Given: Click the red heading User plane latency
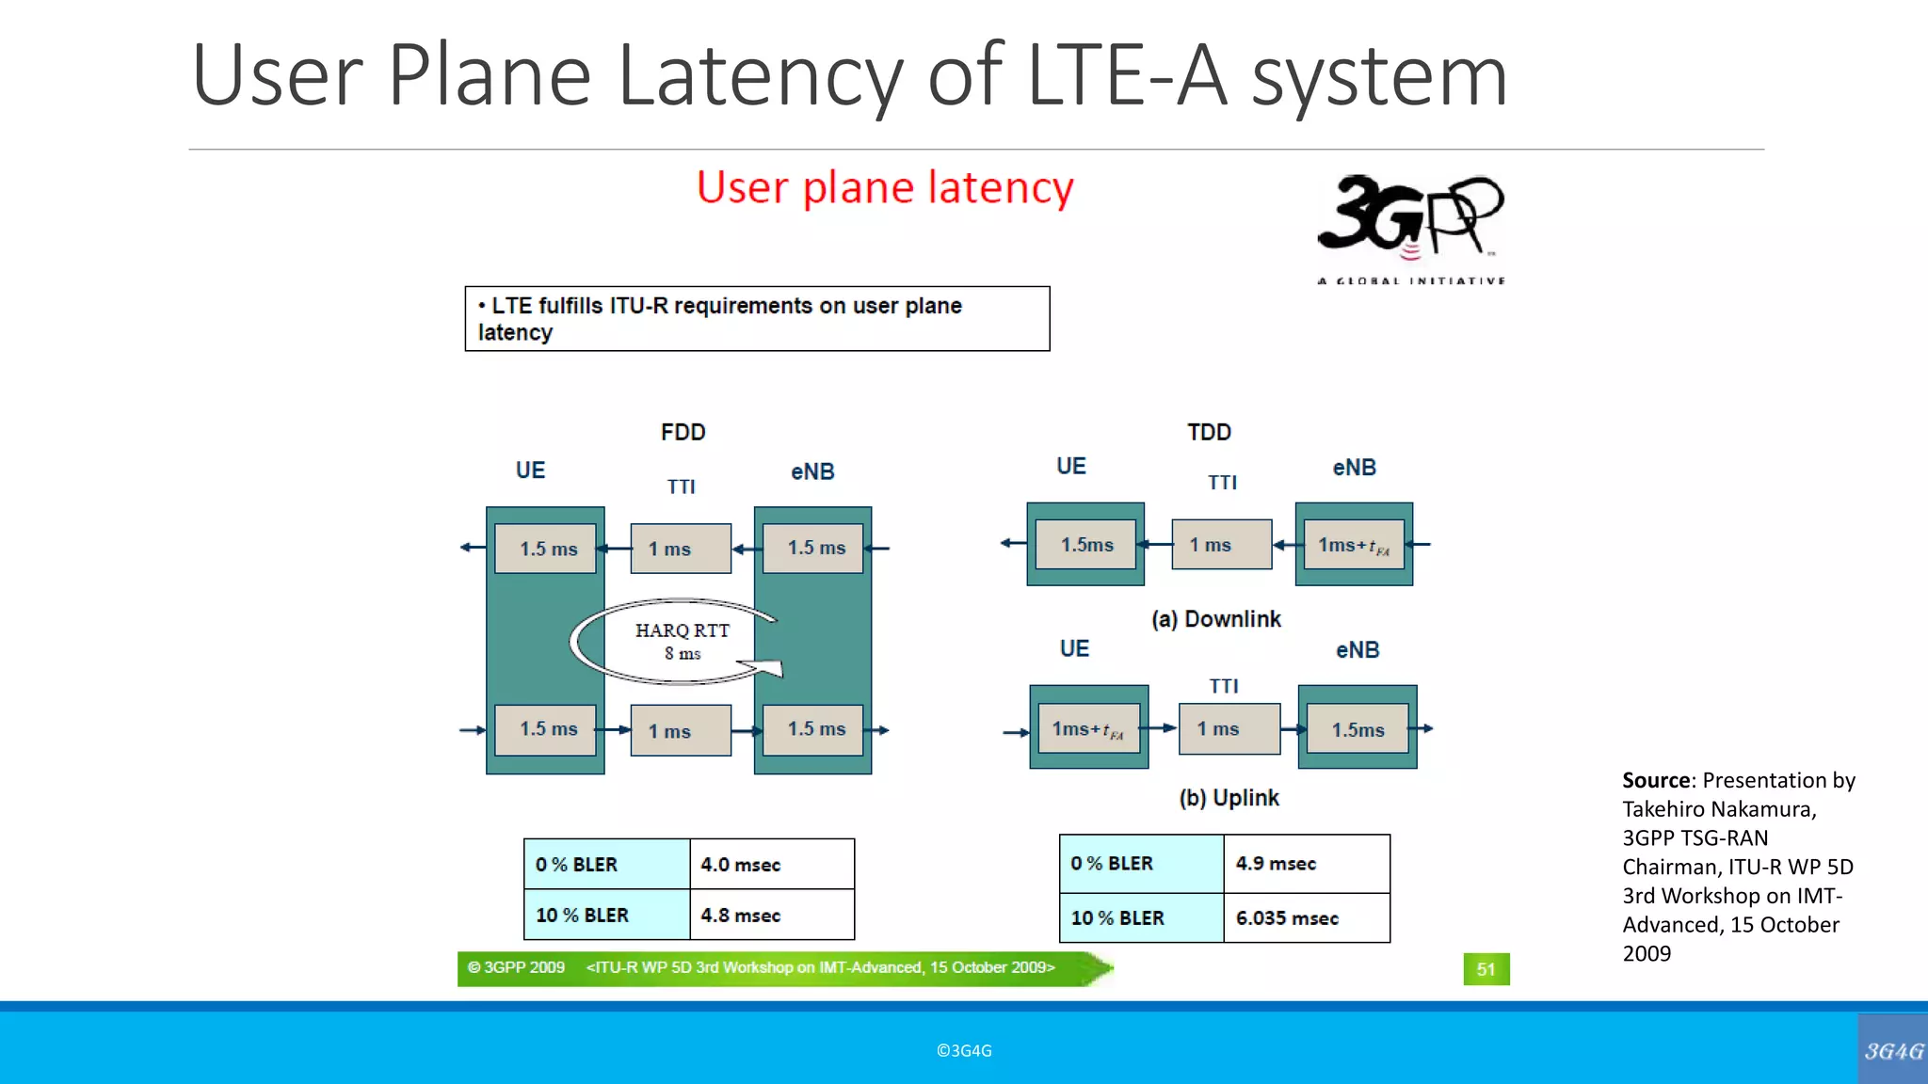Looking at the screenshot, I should coord(885,187).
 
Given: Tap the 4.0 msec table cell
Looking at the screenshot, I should coord(771,864).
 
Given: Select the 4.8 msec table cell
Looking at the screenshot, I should coord(771,915).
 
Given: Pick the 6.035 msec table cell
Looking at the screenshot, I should coord(1305,917).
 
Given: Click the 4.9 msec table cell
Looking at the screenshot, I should coord(1305,863).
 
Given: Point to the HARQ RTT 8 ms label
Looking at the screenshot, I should coord(683,641).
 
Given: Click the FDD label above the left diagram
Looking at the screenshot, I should coord(683,432).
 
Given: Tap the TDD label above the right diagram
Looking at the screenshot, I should coord(1209,432).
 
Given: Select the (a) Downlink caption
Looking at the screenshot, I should coord(1215,619).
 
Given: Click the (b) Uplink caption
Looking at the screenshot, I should coord(1229,798).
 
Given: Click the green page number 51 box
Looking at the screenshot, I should coord(1486,969).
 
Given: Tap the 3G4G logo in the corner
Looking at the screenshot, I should coord(1893,1050).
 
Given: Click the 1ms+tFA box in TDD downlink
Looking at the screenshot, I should coord(1354,545).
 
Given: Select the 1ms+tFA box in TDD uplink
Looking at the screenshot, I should coord(1088,729).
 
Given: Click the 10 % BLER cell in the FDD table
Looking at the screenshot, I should coord(605,915).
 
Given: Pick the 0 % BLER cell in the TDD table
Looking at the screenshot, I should coord(1140,863).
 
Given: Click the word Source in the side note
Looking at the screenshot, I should coord(1656,780).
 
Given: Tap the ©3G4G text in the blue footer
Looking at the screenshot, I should coord(964,1050).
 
